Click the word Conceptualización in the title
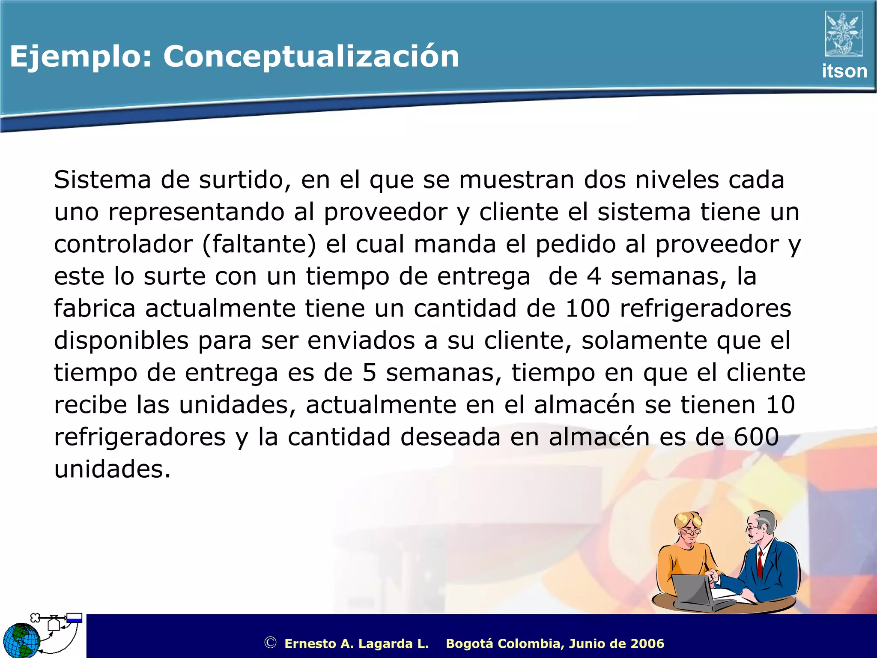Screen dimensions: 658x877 point(311,57)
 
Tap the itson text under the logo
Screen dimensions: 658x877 point(844,71)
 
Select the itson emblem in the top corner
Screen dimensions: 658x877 point(844,33)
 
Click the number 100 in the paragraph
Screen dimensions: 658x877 point(588,308)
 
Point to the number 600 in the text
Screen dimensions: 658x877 point(756,437)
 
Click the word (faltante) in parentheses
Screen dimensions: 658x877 point(259,244)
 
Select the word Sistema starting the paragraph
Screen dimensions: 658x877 point(102,179)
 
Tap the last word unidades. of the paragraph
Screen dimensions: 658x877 point(112,469)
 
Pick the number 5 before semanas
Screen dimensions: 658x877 point(369,373)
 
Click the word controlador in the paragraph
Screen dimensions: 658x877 point(123,244)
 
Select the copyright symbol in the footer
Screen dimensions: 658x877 point(270,643)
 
